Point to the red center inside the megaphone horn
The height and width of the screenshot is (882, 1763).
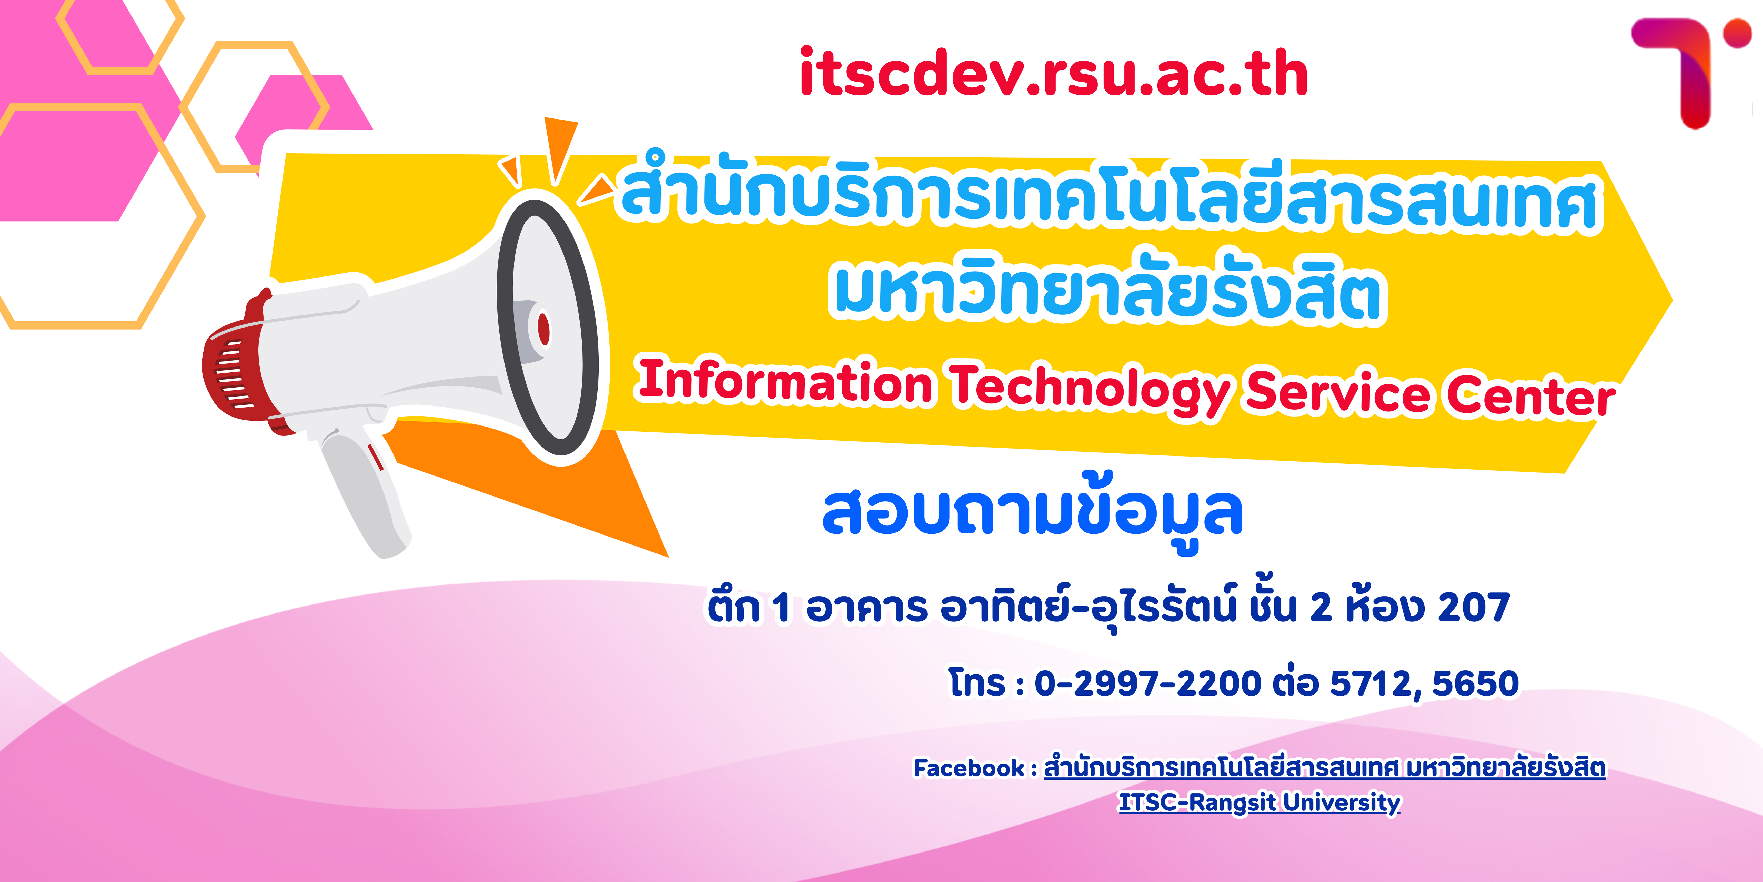[543, 329]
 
